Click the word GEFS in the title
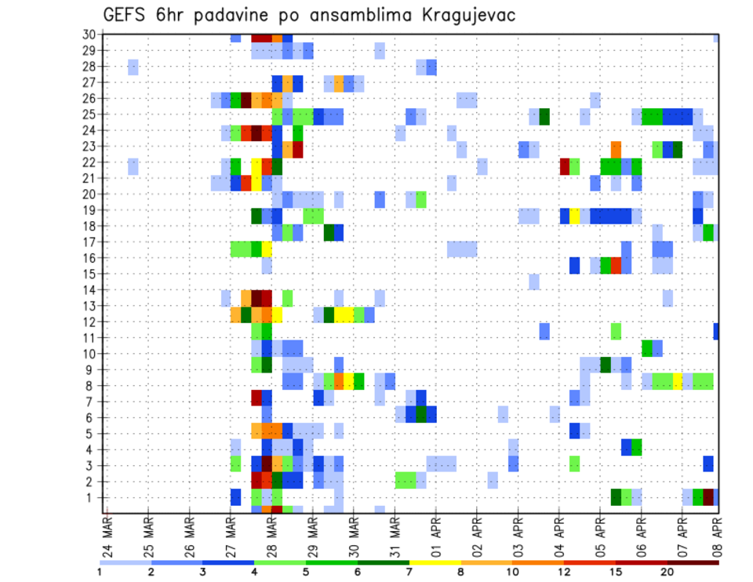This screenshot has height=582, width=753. coord(126,15)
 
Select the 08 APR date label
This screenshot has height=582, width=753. coord(717,537)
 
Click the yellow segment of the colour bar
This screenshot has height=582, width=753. coord(435,562)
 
